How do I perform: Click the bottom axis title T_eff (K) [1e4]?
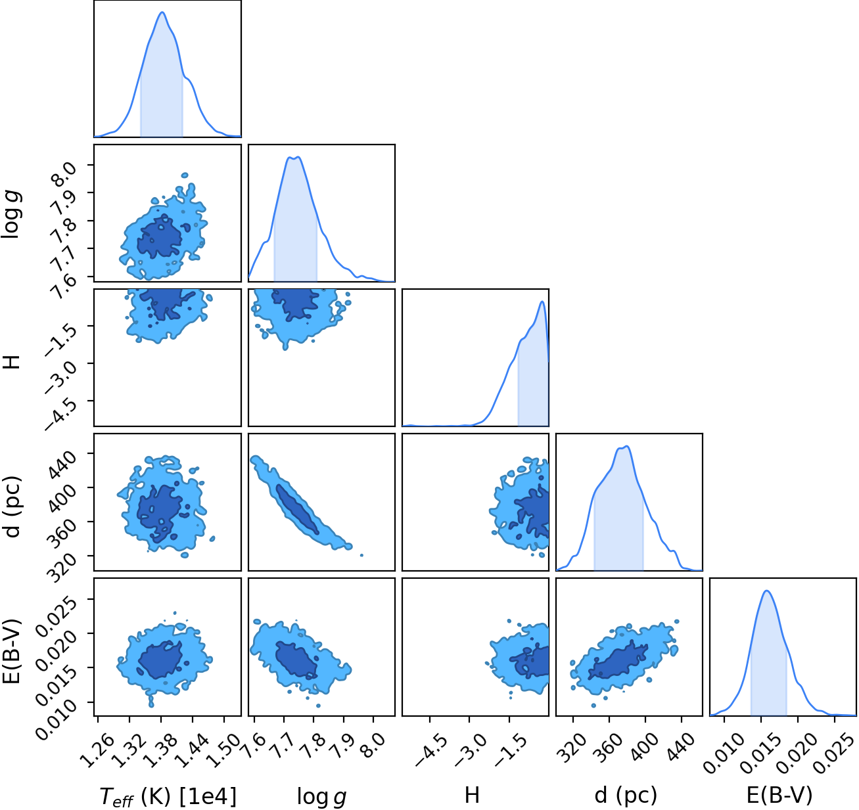168,796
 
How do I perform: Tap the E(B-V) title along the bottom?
779,795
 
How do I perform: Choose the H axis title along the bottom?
472,795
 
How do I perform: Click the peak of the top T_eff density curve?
162,12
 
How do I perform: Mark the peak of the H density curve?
542,302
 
